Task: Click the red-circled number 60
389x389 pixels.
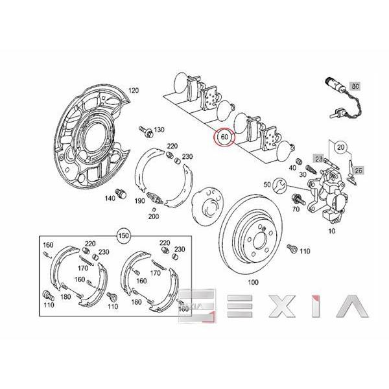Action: (224, 138)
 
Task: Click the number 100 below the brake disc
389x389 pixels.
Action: (252, 283)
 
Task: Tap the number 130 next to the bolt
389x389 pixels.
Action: (159, 130)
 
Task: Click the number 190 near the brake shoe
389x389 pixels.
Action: (139, 202)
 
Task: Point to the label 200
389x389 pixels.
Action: (153, 216)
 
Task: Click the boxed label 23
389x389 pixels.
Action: (318, 158)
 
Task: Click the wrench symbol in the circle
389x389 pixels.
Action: (280, 185)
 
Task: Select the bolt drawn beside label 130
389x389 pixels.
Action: (148, 132)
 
